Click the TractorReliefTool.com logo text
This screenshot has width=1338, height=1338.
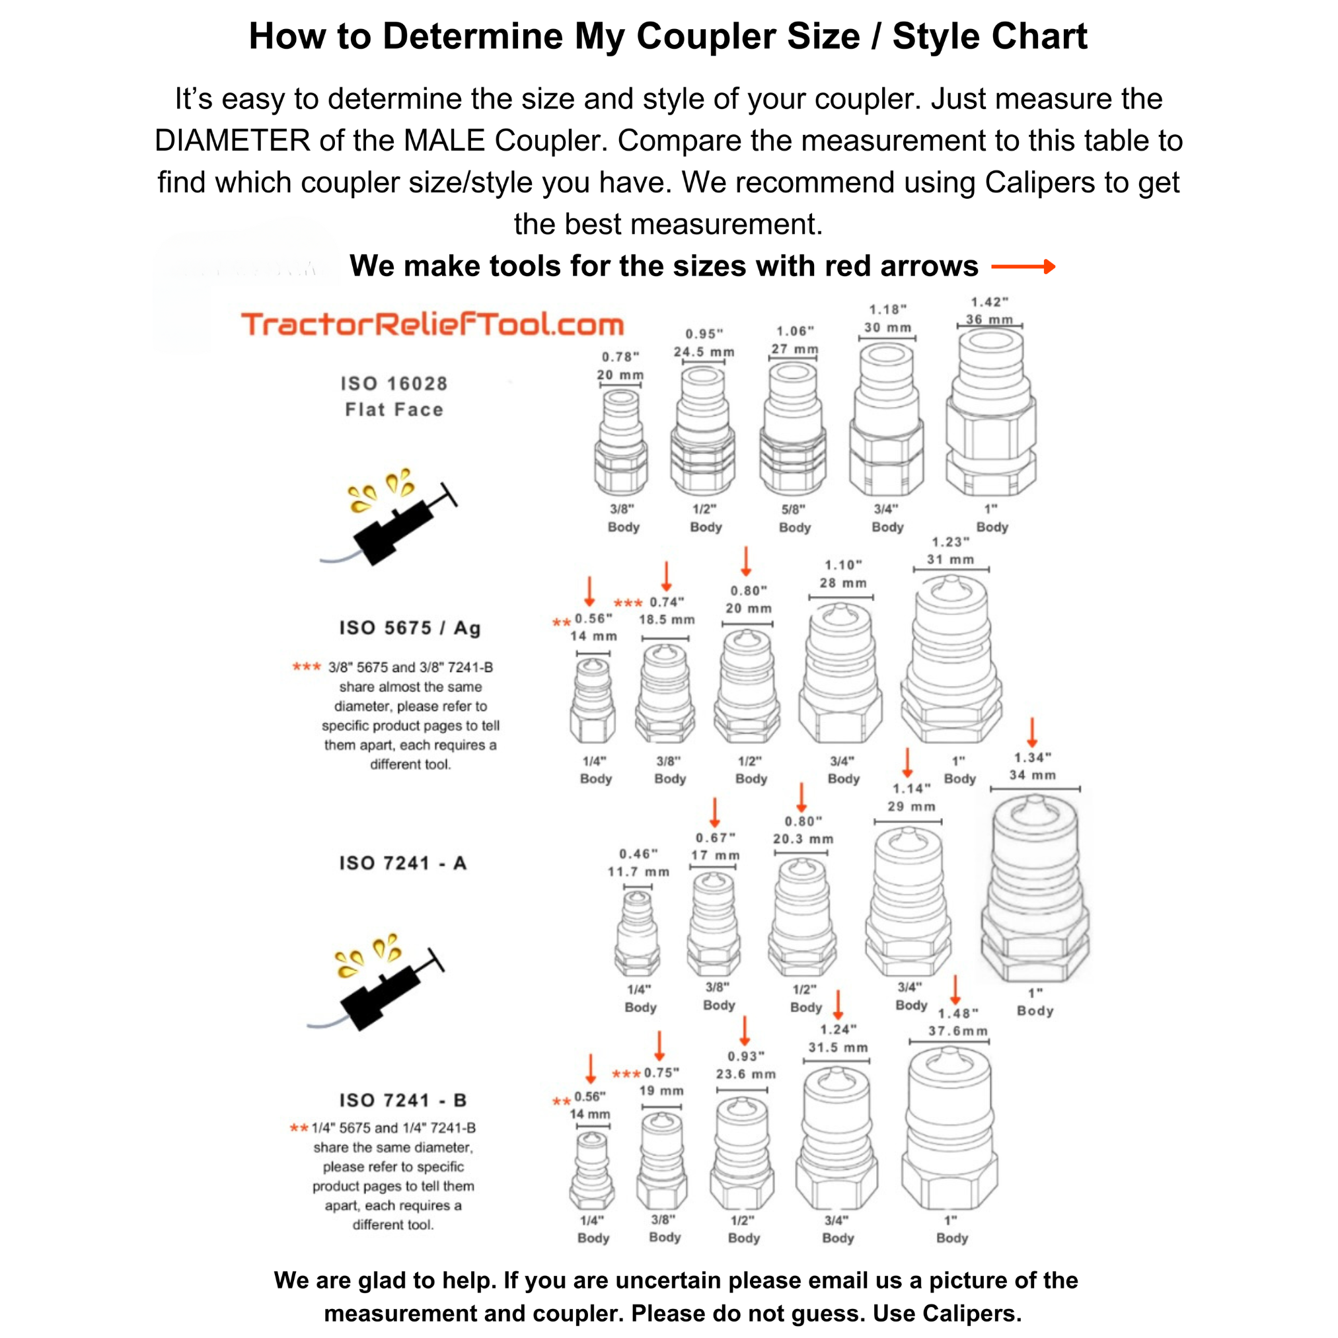pos(432,325)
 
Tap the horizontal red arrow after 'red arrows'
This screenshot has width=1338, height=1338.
pos(1023,267)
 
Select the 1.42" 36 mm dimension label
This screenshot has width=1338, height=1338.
pos(989,311)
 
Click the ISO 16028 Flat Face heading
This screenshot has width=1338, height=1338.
pos(394,396)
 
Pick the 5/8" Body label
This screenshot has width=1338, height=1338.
pos(794,518)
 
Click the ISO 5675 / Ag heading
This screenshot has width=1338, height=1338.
pos(409,628)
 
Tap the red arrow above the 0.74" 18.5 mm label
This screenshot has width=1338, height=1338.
pos(666,576)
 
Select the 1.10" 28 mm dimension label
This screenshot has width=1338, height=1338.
pos(843,574)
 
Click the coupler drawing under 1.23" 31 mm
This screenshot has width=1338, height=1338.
pos(951,661)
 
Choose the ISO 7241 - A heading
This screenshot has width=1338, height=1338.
pos(402,863)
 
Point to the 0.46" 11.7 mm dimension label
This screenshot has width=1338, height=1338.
pos(638,863)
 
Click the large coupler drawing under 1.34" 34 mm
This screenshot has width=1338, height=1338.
pos(1035,890)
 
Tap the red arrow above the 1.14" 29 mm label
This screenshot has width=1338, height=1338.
pos(907,762)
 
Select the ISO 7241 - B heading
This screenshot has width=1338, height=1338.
pos(402,1099)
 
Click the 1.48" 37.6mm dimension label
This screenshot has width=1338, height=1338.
pos(958,1022)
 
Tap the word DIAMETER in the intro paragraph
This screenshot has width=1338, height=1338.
pos(233,141)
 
